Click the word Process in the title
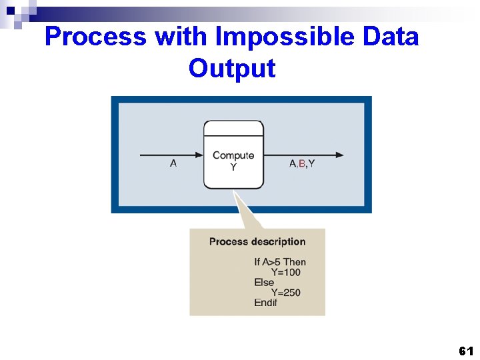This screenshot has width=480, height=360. coord(95,37)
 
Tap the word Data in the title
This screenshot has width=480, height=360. coord(391,37)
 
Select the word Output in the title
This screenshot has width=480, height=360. coord(231,68)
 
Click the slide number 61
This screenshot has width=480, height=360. coord(466,351)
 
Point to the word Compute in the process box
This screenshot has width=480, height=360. coord(233,155)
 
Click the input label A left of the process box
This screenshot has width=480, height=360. coord(173,163)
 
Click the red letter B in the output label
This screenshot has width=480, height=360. coord(302,163)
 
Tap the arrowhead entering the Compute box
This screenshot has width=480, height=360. coord(199,155)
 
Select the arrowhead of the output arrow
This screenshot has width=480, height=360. coord(340,155)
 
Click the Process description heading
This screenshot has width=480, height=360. coord(257,241)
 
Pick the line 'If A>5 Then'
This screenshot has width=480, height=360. coord(280,262)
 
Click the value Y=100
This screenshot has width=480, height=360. coord(285,272)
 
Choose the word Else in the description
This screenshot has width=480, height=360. coord(264,282)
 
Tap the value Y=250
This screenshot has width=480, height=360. coord(285,292)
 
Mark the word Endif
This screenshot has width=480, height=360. coord(265,303)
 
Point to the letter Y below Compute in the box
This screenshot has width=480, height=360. coord(233,167)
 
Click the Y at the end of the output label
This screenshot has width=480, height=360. coord(311,163)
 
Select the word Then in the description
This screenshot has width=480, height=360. coord(295,262)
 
